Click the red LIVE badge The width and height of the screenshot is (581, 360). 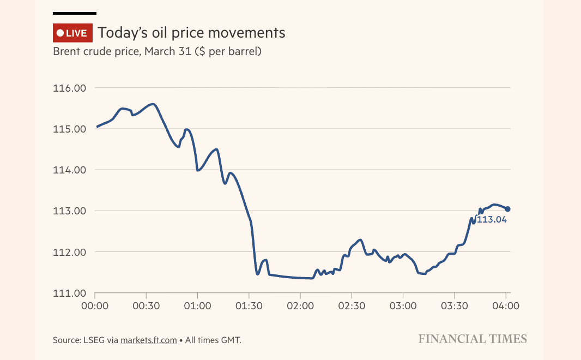[72, 33]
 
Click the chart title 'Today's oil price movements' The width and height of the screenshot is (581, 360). [191, 33]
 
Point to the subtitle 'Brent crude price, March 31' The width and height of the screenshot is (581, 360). [157, 52]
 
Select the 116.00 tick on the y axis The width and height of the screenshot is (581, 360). [69, 88]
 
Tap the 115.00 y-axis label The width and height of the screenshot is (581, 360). [69, 129]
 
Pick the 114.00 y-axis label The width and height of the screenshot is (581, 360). [69, 170]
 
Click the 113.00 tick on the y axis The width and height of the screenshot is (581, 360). [69, 211]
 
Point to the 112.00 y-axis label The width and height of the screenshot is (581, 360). [69, 253]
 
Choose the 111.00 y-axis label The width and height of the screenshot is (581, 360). [69, 293]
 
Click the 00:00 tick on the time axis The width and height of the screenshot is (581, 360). [95, 306]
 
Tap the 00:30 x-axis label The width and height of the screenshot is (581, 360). [146, 306]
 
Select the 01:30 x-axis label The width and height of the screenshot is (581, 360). [249, 306]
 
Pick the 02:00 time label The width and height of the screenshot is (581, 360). [300, 306]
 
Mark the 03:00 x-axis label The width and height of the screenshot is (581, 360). [403, 306]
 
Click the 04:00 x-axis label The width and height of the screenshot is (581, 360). [505, 306]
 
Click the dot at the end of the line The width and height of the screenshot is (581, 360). [507, 209]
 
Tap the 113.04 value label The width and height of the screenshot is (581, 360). [492, 220]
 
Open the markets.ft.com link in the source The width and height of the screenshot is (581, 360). [149, 340]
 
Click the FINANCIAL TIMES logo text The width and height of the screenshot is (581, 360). [473, 339]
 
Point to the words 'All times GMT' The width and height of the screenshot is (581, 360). [213, 340]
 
